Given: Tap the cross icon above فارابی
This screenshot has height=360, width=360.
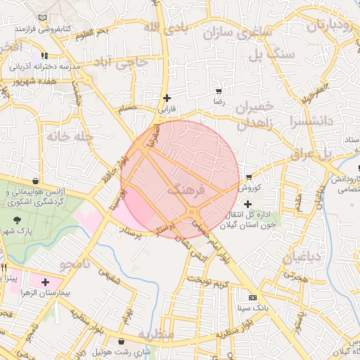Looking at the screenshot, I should (x=167, y=98).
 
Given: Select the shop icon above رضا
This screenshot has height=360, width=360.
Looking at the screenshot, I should (x=219, y=91).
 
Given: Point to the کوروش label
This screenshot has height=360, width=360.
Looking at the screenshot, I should (x=250, y=188).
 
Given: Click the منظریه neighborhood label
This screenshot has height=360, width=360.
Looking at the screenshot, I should (x=155, y=334).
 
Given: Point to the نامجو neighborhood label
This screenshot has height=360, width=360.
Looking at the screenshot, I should (x=77, y=265).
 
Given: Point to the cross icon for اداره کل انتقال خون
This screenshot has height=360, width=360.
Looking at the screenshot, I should (x=247, y=204).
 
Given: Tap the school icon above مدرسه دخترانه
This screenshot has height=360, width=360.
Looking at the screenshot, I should (x=44, y=56).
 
